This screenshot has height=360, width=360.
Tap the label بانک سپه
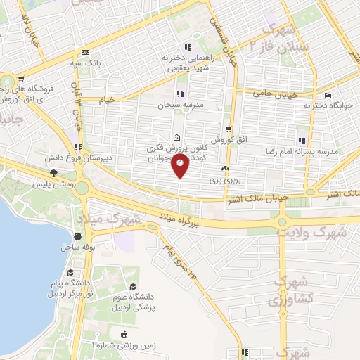(x=85, y=63)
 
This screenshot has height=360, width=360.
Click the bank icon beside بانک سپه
(x=86, y=52)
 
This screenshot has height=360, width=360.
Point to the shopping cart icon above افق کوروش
(x=229, y=129)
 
